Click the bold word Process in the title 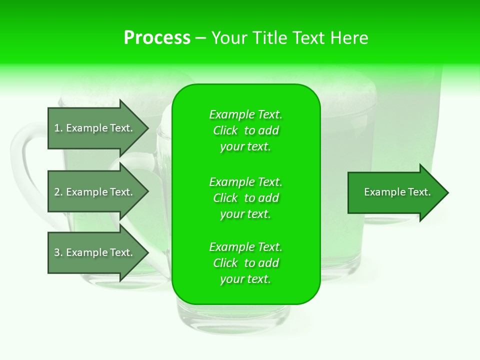point(157,38)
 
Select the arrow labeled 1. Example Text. point(95,128)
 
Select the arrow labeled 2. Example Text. point(95,192)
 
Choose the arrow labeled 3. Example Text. point(95,252)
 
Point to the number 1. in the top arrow point(58,128)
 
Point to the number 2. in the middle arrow point(58,192)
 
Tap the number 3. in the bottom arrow point(58,252)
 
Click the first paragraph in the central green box point(245,130)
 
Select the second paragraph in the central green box point(245,198)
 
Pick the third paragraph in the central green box point(245,263)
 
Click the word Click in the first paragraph point(225,130)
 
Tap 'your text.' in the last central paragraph point(245,279)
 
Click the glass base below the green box point(233,320)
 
